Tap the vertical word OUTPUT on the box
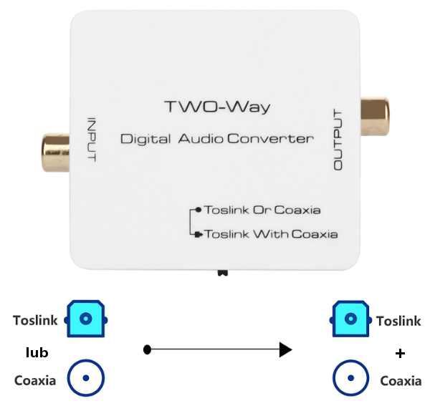(x=339, y=140)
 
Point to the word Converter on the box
(x=270, y=138)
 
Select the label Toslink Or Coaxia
(x=262, y=210)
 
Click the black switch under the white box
(x=223, y=273)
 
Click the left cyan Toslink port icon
(x=86, y=319)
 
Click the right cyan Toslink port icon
(x=350, y=319)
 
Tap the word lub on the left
(x=37, y=352)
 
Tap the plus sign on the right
(x=400, y=353)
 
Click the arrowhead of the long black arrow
(x=285, y=349)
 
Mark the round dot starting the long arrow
(x=147, y=349)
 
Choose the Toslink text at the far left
(x=36, y=320)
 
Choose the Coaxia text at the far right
(x=401, y=380)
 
